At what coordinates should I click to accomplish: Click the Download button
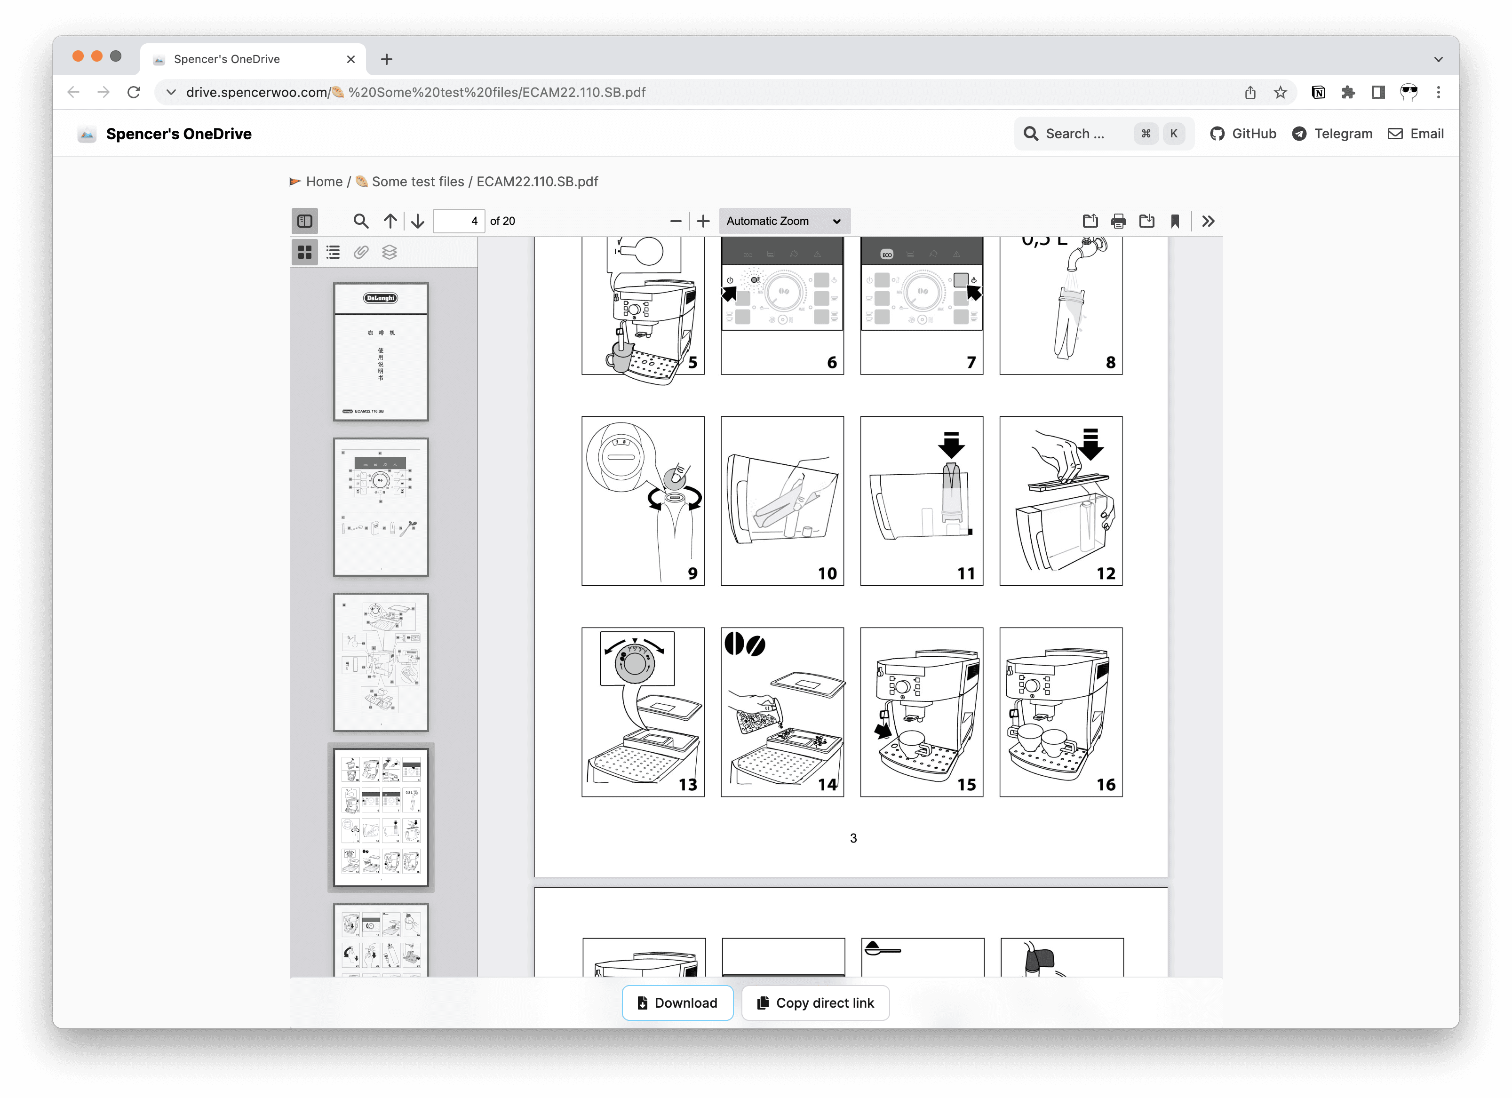pyautogui.click(x=677, y=1003)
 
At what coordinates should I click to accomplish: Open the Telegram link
pyautogui.click(x=1332, y=134)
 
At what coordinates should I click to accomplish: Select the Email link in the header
pyautogui.click(x=1416, y=134)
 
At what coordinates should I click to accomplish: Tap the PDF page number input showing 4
pyautogui.click(x=459, y=221)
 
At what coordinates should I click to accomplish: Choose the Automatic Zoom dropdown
pyautogui.click(x=784, y=221)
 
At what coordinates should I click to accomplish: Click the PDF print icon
pyautogui.click(x=1118, y=221)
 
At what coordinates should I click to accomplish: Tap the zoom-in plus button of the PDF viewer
pyautogui.click(x=703, y=221)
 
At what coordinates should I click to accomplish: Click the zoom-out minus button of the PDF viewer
pyautogui.click(x=676, y=221)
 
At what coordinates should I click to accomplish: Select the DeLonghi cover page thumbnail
pyautogui.click(x=381, y=351)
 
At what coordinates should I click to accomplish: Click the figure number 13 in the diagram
pyautogui.click(x=687, y=785)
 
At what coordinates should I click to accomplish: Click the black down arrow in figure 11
pyautogui.click(x=951, y=444)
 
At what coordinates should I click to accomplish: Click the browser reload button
pyautogui.click(x=134, y=93)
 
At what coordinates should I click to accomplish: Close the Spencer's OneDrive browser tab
pyautogui.click(x=350, y=59)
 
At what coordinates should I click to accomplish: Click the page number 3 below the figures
pyautogui.click(x=852, y=838)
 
